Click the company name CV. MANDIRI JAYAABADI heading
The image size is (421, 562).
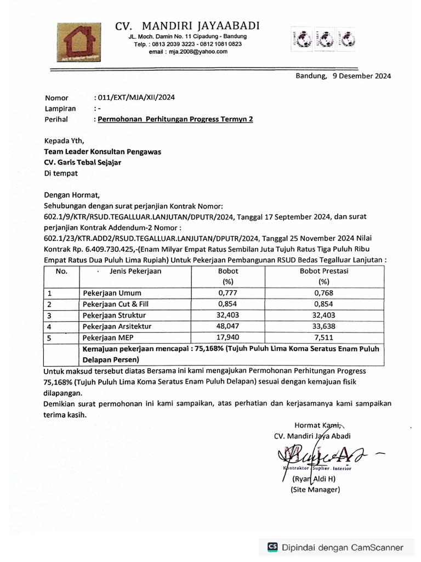187,26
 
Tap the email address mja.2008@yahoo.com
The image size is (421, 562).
188,51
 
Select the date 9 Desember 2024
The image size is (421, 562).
361,76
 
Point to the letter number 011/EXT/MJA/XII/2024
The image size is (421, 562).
136,98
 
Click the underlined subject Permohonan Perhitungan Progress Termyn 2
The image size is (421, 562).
175,119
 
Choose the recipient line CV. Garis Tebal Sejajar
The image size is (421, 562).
83,162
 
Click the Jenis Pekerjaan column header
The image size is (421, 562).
135,271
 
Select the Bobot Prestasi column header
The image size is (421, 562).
324,271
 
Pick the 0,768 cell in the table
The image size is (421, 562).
324,293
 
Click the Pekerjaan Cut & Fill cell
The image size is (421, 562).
116,304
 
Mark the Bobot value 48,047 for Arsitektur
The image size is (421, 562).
227,327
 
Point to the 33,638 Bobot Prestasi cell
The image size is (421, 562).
324,327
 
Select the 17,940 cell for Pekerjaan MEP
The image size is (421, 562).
227,338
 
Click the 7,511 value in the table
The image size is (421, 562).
324,338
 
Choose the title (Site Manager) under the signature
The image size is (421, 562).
315,490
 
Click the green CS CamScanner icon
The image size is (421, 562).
272,547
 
